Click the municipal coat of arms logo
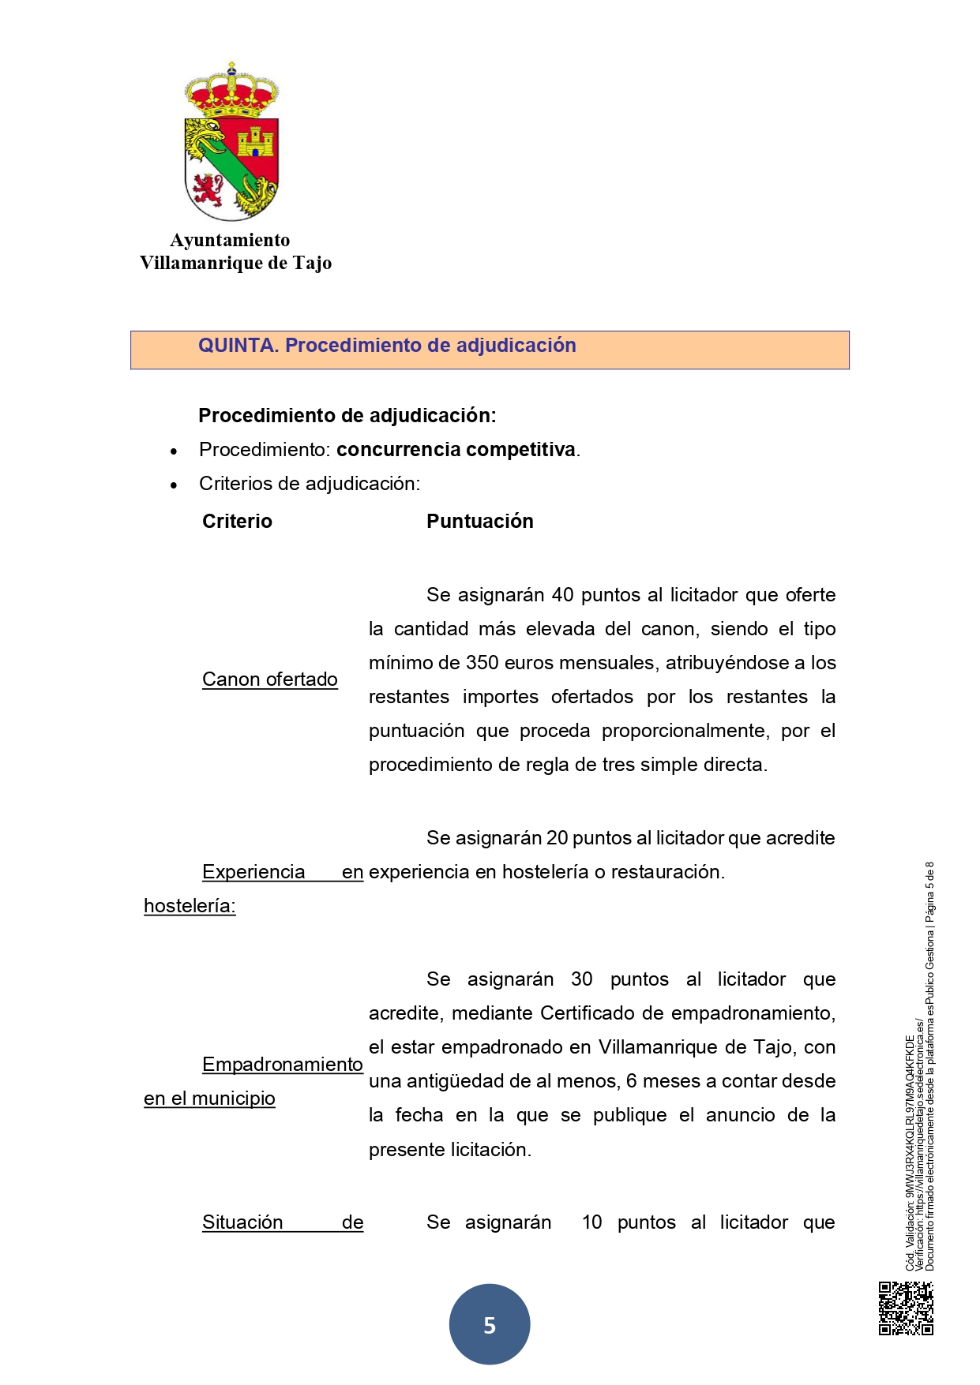(231, 142)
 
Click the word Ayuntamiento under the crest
(230, 240)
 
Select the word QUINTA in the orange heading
(238, 346)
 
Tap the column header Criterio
(237, 522)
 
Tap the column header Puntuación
(479, 522)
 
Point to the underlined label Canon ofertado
(269, 679)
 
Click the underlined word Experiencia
(253, 872)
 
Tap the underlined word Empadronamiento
(282, 1065)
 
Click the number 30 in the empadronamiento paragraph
(581, 979)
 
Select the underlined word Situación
(242, 1222)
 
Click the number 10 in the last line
(591, 1222)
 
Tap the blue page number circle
(490, 1325)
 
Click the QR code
(906, 1308)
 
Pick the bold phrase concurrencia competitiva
(456, 450)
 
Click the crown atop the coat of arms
(231, 89)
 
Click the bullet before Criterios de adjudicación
(174, 485)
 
